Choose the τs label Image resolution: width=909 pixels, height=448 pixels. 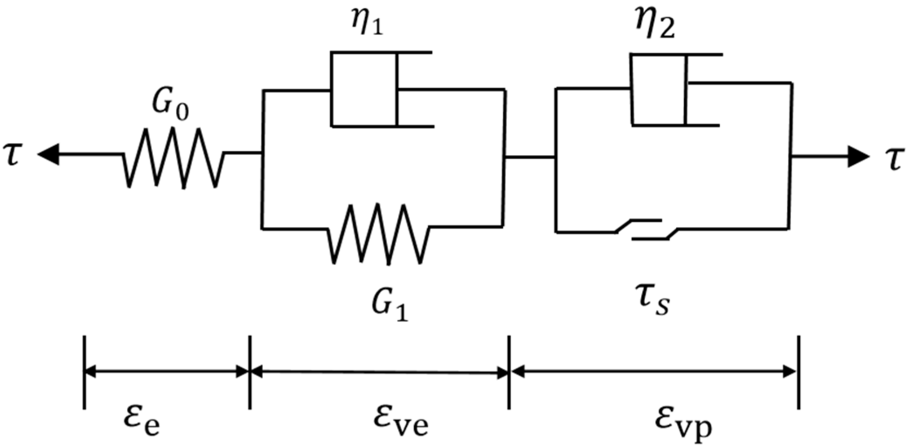click(x=654, y=302)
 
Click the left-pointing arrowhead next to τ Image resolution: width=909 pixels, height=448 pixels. click(x=49, y=155)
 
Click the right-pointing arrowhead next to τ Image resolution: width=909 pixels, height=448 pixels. click(x=857, y=157)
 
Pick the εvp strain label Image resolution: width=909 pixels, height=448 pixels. click(x=682, y=423)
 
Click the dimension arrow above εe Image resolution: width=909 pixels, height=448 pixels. click(x=166, y=372)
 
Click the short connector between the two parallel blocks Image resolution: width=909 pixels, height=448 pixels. click(x=530, y=157)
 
